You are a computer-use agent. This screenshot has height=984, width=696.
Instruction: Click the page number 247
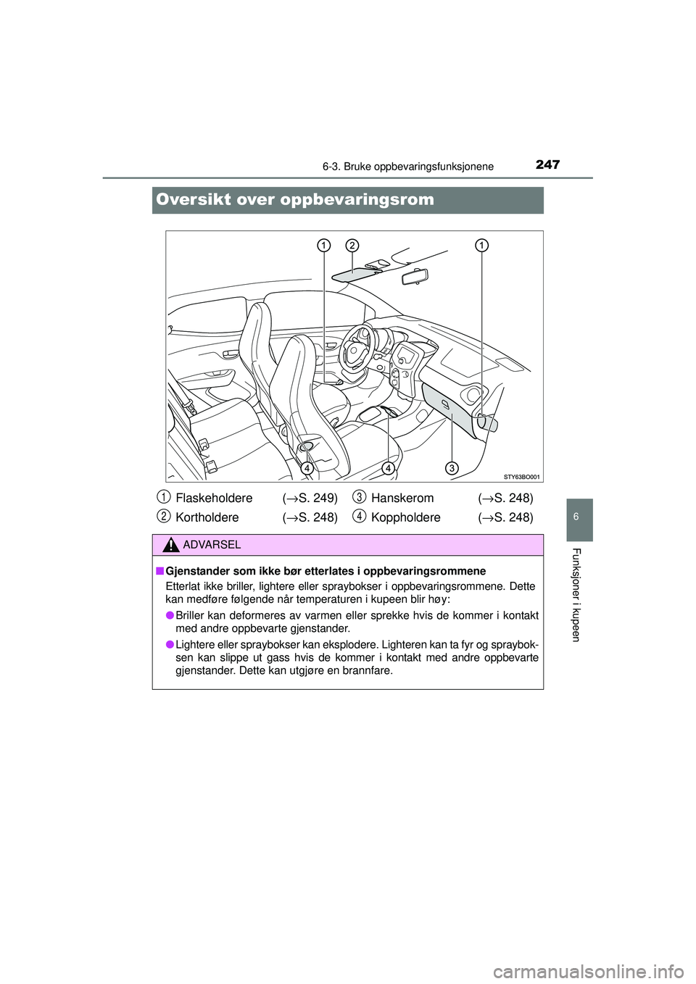click(547, 164)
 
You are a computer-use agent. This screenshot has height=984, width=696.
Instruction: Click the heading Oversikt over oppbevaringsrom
click(295, 200)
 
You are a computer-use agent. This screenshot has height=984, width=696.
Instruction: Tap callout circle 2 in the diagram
click(352, 245)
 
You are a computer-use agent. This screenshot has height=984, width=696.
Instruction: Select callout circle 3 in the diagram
click(452, 468)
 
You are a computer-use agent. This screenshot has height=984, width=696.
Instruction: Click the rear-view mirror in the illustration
click(410, 277)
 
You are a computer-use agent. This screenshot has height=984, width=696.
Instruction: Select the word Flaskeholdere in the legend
click(214, 498)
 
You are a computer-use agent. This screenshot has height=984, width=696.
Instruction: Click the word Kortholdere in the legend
click(207, 517)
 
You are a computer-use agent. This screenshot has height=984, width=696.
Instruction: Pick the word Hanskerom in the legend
click(402, 498)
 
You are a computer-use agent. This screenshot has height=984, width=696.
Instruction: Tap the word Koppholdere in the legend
click(405, 517)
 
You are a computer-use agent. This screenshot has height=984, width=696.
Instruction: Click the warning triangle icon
click(171, 545)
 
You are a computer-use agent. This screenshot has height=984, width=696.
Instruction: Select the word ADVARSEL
click(212, 545)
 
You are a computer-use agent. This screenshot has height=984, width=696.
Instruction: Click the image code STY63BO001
click(522, 477)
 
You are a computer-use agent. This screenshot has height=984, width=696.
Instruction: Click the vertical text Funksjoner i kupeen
click(576, 594)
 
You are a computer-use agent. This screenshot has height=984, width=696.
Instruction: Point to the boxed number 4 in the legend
click(360, 516)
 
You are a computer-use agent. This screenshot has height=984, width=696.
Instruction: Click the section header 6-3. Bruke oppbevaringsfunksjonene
click(408, 167)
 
